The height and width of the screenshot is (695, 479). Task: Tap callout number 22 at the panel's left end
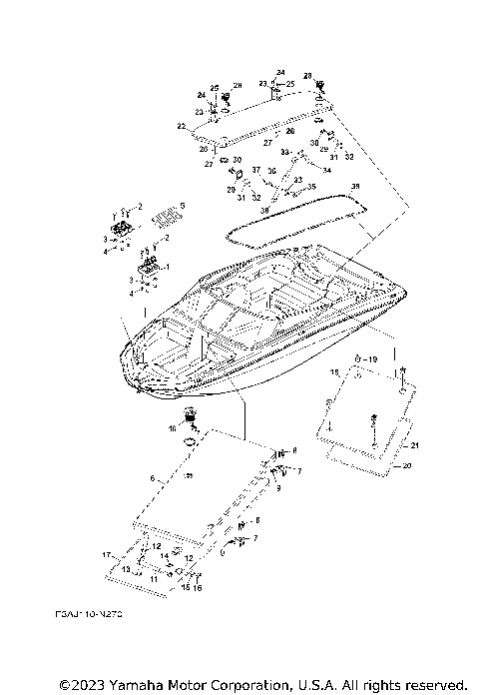click(181, 126)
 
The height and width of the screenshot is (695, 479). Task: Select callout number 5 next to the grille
click(182, 205)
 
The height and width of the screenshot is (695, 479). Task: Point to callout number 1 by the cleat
click(167, 268)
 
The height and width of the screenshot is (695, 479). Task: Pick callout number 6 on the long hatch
click(153, 479)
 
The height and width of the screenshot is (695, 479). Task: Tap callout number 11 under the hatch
click(154, 578)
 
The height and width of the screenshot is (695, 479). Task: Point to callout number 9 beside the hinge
click(278, 489)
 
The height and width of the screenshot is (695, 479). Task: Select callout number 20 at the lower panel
click(404, 465)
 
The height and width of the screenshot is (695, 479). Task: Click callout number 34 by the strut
click(326, 170)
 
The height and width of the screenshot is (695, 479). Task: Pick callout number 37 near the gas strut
click(255, 170)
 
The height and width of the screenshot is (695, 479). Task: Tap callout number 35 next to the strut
click(311, 187)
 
